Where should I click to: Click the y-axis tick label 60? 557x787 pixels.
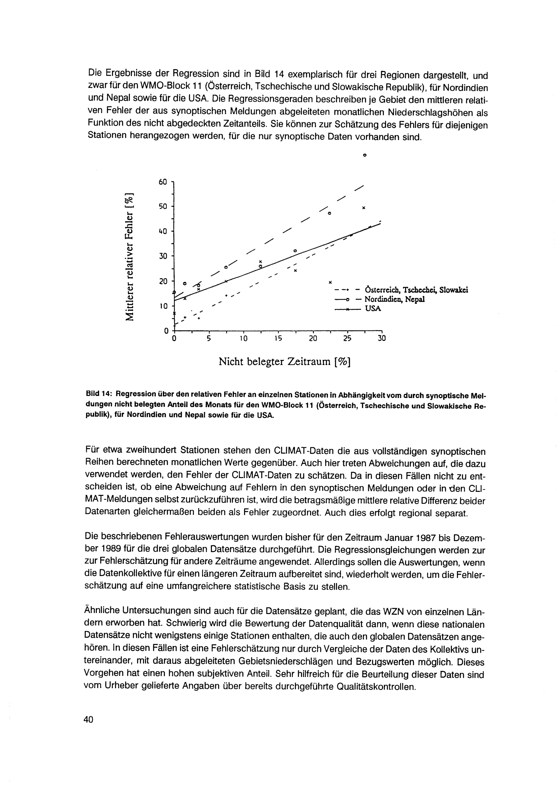pos(163,182)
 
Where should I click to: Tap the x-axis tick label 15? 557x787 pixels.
pos(278,339)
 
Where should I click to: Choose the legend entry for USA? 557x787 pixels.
pos(373,309)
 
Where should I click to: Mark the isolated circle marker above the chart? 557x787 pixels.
pos(365,155)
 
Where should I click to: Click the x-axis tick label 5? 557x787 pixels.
pos(209,339)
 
